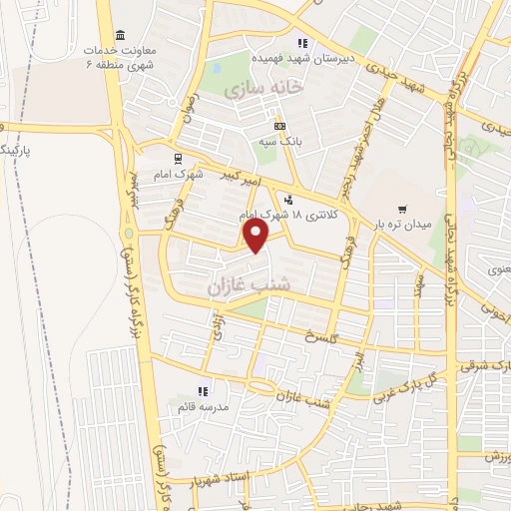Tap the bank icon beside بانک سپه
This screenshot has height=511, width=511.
tap(280, 126)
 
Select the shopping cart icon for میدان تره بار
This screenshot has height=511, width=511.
tap(402, 209)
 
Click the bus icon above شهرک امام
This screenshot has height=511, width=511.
tap(177, 157)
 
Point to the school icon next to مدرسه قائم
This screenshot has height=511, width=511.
tap(201, 390)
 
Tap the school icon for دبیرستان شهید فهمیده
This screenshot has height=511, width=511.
tap(303, 43)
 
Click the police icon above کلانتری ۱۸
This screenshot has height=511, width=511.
tap(288, 198)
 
